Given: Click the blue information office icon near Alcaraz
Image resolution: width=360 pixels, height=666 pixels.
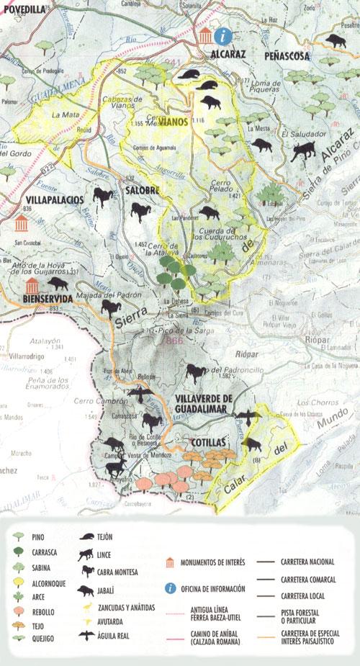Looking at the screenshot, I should point(226,35).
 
